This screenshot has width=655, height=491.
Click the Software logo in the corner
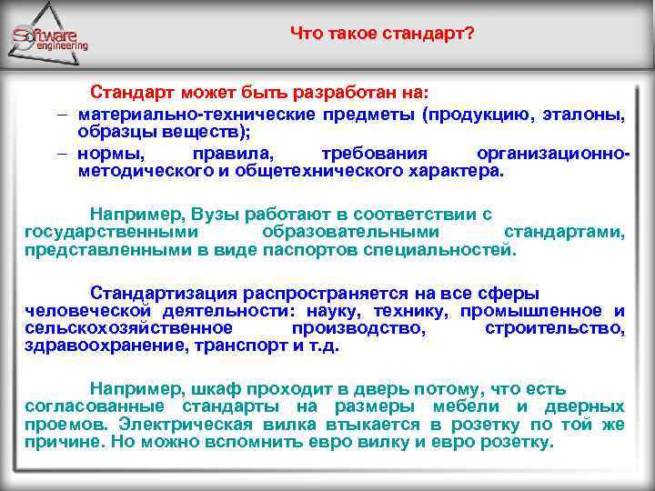pos(50,38)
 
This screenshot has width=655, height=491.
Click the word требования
pos(377,153)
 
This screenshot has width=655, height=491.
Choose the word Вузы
pos(217,215)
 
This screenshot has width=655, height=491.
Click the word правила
pos(226,153)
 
